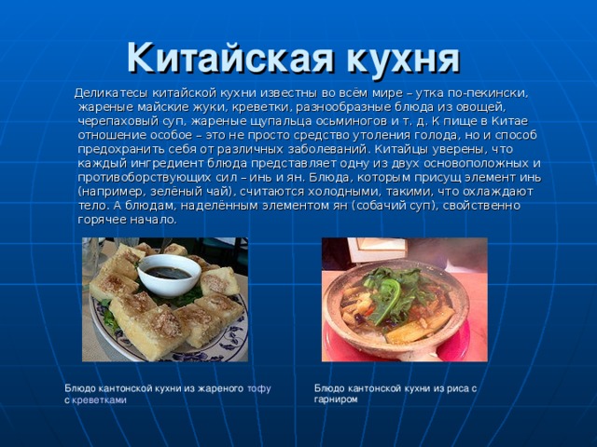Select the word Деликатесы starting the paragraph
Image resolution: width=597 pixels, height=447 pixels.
[109, 93]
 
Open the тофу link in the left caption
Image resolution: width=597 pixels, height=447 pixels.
[258, 387]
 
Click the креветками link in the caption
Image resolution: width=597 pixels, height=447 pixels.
[100, 399]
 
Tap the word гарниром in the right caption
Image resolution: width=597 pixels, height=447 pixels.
[335, 399]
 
